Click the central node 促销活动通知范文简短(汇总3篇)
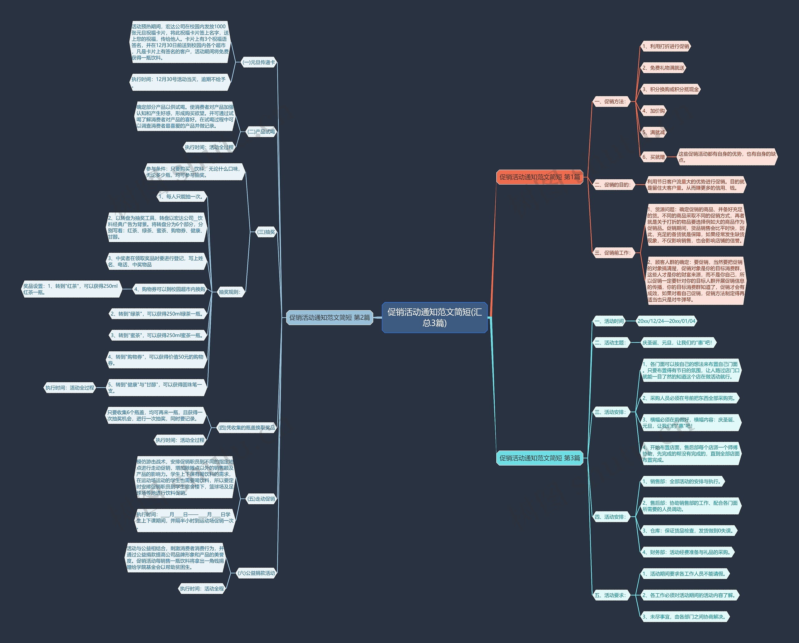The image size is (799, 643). [434, 317]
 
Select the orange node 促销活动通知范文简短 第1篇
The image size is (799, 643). [539, 177]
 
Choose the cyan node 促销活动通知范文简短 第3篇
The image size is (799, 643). [539, 458]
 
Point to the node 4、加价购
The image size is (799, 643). [653, 111]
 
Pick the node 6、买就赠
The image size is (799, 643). [653, 157]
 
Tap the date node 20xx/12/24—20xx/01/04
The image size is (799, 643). [666, 321]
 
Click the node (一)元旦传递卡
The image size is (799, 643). [259, 62]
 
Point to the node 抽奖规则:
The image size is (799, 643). [230, 292]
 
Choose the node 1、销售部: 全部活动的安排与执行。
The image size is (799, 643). [682, 482]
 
